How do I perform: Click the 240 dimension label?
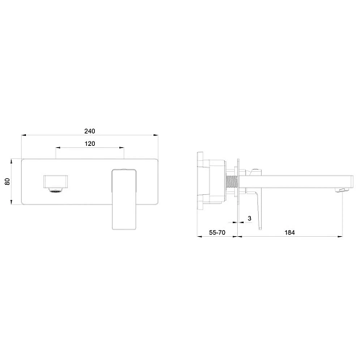[x=90, y=131]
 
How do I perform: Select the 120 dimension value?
[x=90, y=144]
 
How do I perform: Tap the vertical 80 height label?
[x=7, y=181]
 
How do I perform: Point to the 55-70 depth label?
[x=217, y=232]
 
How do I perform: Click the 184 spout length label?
[x=289, y=232]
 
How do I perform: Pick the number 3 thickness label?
[x=249, y=218]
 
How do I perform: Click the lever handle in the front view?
[x=124, y=199]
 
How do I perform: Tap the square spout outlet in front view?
[x=56, y=181]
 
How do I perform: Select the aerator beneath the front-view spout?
[x=56, y=190]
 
